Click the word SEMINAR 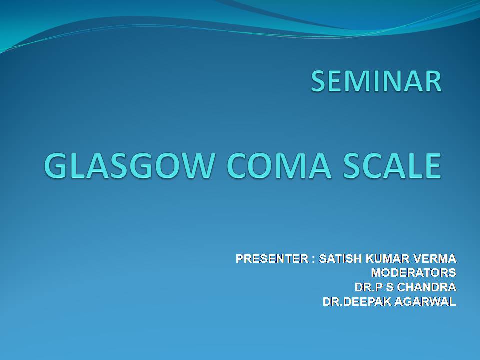click(376, 81)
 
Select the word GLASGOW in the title click(128, 166)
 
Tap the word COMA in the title click(279, 166)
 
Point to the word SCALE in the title click(392, 166)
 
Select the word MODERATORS click(414, 273)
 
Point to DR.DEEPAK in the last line click(357, 302)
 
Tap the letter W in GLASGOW click(196, 166)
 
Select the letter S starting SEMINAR click(318, 81)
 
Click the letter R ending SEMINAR click(434, 81)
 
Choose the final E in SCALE click(433, 166)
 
